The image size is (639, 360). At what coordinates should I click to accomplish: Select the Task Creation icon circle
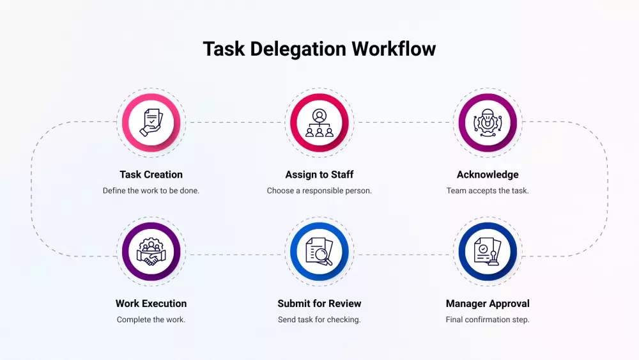151,121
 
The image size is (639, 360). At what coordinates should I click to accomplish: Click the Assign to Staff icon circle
319,121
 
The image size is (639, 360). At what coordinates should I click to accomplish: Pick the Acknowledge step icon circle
488,121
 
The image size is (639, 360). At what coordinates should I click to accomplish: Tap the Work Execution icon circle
151,251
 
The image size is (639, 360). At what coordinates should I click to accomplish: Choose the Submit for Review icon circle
319,251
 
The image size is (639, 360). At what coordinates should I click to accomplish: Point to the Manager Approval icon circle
488,251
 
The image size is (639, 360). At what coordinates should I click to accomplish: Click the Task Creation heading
151,175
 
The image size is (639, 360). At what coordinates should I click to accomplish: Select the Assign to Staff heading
319,175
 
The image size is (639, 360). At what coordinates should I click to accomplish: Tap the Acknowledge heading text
488,175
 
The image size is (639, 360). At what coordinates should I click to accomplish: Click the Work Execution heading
151,304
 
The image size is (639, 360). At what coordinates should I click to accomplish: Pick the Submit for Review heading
319,304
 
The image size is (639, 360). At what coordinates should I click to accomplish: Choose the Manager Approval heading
488,304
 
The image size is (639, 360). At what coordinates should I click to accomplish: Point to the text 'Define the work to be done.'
151,191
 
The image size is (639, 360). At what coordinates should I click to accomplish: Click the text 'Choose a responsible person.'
319,191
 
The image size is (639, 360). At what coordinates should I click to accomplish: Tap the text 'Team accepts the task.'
488,191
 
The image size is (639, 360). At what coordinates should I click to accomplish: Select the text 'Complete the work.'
151,320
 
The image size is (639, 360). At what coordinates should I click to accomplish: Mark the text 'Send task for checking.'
319,320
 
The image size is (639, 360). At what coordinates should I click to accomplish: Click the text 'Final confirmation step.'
488,320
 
